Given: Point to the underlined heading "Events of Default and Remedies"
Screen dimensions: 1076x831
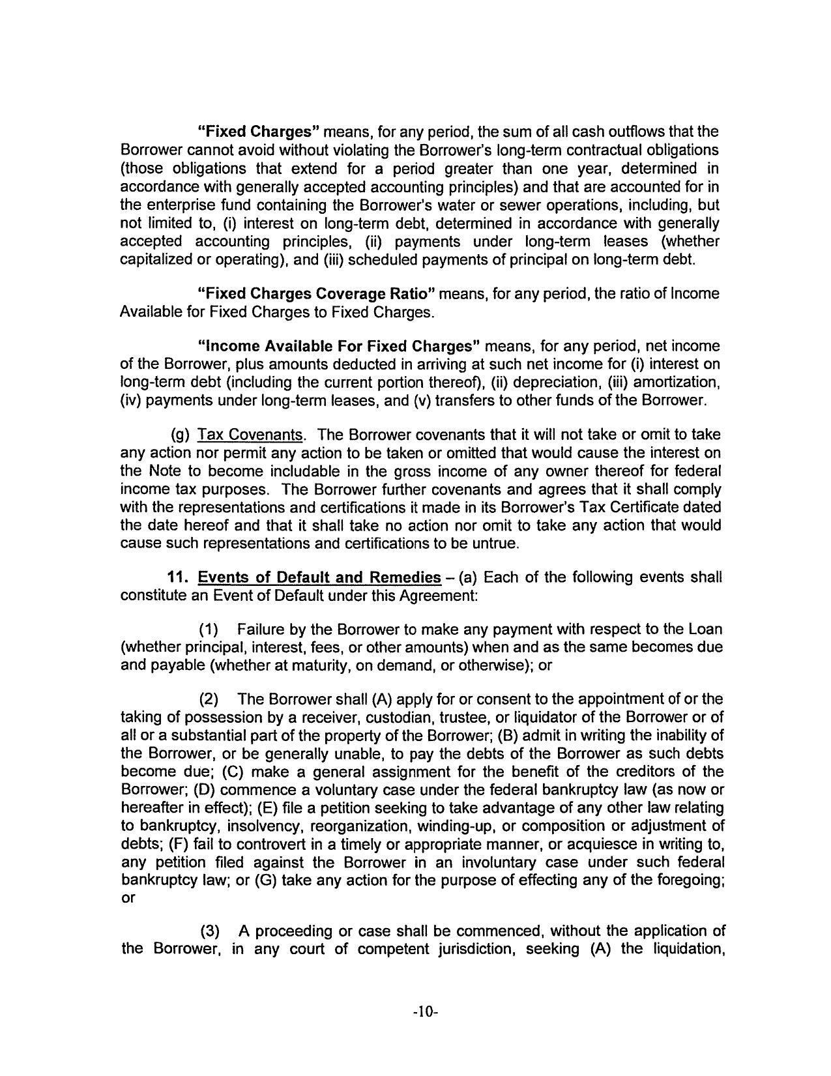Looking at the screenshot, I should pyautogui.click(x=319, y=577).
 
